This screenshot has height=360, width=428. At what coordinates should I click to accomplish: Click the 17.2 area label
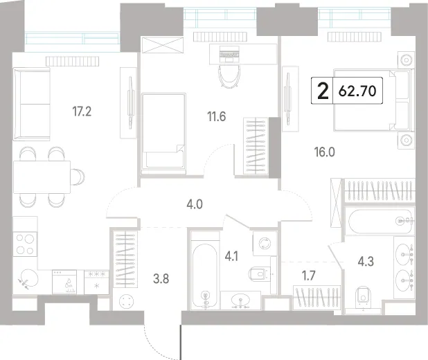click(82, 111)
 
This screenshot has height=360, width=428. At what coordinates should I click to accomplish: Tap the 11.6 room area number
click(217, 116)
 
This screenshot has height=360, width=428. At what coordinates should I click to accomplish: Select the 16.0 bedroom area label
click(325, 152)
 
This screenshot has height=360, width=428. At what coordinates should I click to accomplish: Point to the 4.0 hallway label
click(195, 204)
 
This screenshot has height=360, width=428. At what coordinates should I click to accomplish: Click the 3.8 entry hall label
click(161, 279)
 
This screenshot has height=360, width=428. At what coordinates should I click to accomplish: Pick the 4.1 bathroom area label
click(231, 257)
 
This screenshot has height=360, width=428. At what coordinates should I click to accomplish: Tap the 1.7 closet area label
click(309, 276)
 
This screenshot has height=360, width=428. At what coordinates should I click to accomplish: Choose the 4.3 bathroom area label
click(366, 261)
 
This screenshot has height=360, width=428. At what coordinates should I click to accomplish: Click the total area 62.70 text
click(357, 91)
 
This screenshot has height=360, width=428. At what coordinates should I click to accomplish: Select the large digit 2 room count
click(323, 91)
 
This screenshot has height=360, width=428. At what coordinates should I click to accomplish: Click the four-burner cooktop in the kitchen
click(25, 244)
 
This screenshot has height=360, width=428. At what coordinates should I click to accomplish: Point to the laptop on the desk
click(229, 53)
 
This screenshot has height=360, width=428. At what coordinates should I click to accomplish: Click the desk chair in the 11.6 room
click(229, 76)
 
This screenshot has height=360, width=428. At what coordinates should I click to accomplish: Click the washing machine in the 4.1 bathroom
click(265, 243)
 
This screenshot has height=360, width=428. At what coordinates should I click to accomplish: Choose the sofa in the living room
click(32, 104)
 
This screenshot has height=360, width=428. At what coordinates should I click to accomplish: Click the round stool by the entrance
click(127, 301)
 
